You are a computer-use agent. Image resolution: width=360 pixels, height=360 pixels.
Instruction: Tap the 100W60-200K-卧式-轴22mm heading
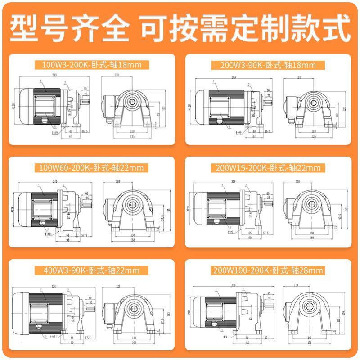tap(91, 168)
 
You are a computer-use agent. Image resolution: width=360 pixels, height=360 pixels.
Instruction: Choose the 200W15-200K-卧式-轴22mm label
tap(268, 168)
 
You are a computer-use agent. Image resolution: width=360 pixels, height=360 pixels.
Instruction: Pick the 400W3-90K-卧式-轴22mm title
tap(91, 270)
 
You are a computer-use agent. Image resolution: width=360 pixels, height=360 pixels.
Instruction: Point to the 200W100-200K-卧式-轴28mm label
tap(268, 270)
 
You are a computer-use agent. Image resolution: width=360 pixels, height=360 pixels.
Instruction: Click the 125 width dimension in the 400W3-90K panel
tap(130, 285)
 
